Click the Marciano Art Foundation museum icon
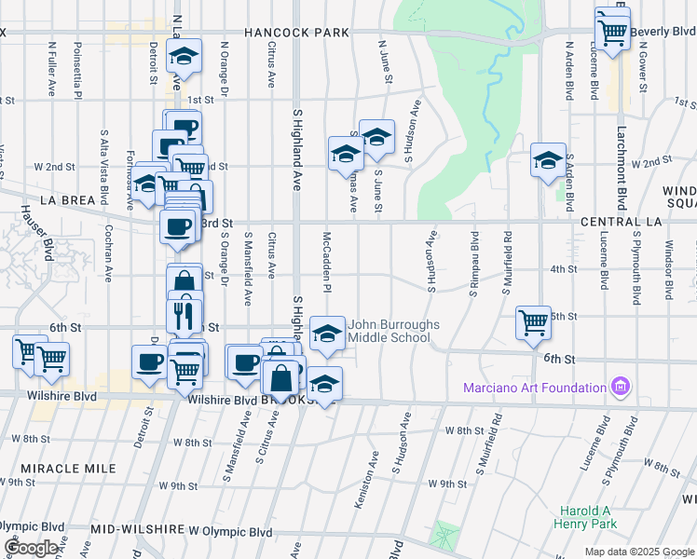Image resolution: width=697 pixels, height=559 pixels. [x=620, y=387]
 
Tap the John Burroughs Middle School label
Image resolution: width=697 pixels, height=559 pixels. [x=392, y=331]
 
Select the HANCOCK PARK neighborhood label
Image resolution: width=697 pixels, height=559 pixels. [x=296, y=33]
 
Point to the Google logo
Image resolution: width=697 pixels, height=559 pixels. [x=31, y=547]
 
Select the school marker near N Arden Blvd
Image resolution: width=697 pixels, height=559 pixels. [x=548, y=161]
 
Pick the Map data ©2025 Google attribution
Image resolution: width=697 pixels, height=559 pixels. [x=638, y=552]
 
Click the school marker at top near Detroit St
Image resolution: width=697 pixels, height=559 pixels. [x=184, y=58]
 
